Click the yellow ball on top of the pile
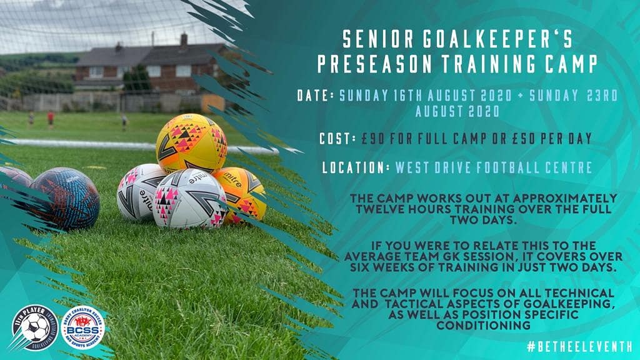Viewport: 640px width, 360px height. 191,142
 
